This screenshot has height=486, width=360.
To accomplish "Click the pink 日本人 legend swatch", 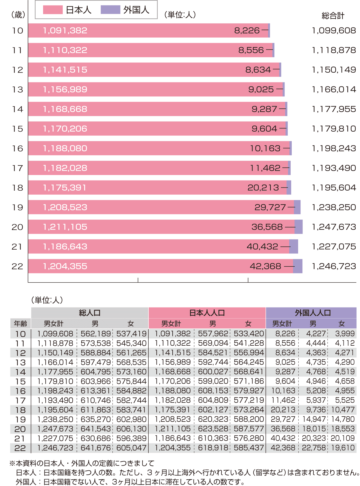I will [x=53, y=10].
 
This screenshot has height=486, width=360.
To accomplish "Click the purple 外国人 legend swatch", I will [x=110, y=10].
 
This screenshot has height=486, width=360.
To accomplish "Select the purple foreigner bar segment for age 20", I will [x=299, y=227].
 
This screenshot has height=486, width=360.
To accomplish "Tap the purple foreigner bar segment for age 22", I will [x=298, y=266].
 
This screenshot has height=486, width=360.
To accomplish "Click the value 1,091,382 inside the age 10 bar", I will [x=65, y=30].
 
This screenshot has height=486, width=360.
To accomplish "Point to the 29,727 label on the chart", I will [x=270, y=207].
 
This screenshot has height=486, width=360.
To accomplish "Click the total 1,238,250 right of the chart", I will [x=334, y=207].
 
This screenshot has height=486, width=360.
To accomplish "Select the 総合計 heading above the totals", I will [x=333, y=16].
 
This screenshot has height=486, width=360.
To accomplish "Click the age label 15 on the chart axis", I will [x=18, y=129].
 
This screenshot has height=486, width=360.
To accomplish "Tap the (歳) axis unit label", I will [x=18, y=15].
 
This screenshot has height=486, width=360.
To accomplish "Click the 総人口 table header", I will [x=90, y=313].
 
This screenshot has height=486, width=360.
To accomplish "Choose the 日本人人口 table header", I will [x=207, y=313].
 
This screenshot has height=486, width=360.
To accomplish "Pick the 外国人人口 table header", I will [x=313, y=313].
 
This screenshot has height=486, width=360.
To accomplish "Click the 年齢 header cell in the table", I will [x=20, y=324].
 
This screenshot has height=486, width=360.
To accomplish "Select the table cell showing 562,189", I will [x=96, y=334].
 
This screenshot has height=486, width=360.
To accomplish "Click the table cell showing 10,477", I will [x=343, y=410].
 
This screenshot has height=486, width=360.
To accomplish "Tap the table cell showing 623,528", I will [x=213, y=429].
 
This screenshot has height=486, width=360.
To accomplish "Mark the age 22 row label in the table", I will [x=20, y=448].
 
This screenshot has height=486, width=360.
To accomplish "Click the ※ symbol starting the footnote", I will [x=12, y=463].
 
